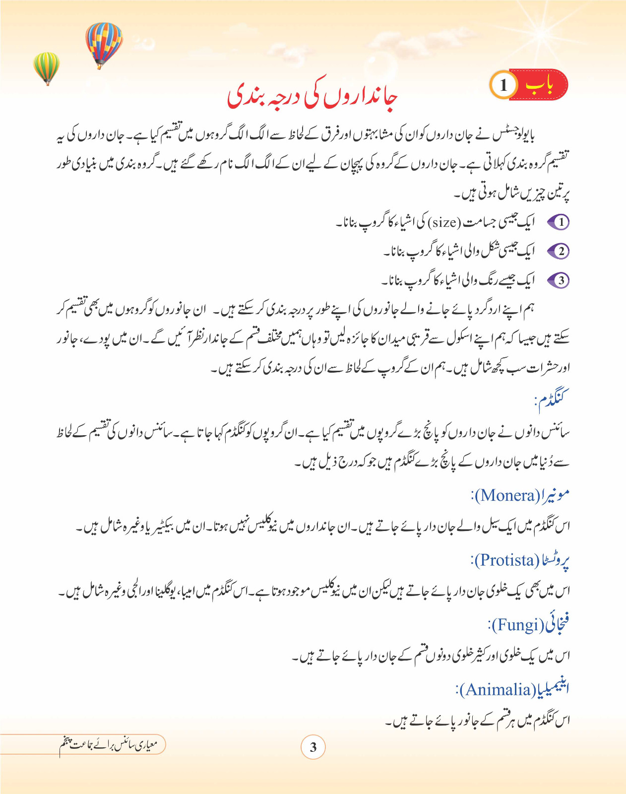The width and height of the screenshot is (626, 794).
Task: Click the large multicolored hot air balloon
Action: (103, 44)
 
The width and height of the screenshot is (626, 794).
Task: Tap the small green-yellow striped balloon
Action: (46, 67)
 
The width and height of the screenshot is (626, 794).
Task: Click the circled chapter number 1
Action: (503, 85)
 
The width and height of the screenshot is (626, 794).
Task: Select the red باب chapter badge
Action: (540, 85)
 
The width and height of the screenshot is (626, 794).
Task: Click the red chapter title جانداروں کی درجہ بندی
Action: (313, 97)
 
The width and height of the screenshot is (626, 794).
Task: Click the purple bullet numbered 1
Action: (559, 222)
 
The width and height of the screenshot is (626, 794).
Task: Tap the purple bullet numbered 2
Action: (559, 251)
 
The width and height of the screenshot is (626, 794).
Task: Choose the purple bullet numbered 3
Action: (559, 280)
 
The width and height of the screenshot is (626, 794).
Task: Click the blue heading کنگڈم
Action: (552, 398)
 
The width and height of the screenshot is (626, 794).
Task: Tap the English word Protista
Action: (507, 560)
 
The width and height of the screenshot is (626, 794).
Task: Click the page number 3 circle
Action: (313, 747)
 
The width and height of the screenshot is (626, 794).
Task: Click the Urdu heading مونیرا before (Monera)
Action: (556, 495)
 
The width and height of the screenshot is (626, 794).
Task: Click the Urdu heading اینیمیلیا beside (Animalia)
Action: (553, 689)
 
